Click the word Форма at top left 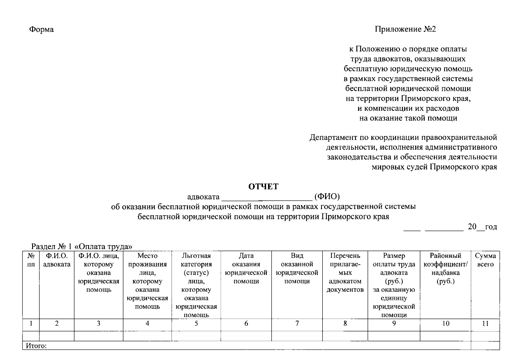[41, 29]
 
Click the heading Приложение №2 [405, 29]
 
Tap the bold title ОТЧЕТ [263, 187]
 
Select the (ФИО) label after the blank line [327, 197]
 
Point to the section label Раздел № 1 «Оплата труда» [82, 247]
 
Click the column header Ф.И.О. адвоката [57, 260]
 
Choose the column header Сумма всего [485, 260]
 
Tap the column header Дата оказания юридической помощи [246, 268]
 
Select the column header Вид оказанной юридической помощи [297, 268]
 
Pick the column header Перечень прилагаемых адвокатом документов [345, 273]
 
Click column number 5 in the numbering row [196, 323]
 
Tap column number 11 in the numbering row [485, 323]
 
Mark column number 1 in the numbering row [31, 323]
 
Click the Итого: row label [36, 346]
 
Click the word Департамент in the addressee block [333, 138]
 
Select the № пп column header [31, 260]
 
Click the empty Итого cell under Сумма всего [485, 345]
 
